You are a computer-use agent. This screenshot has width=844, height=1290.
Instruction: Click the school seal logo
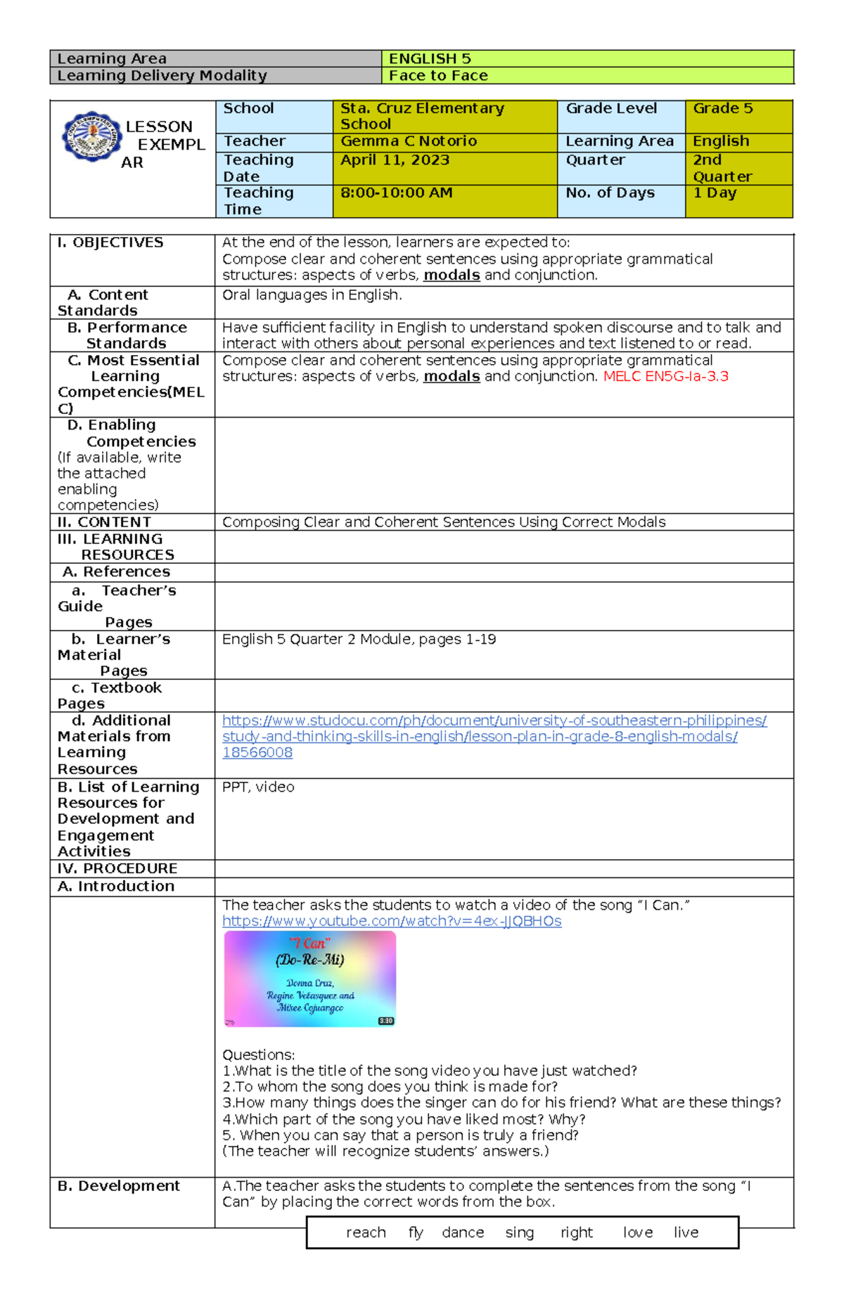click(x=91, y=137)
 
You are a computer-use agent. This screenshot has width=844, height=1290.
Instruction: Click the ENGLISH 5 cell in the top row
click(x=430, y=59)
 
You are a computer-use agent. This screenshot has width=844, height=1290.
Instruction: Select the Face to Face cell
click(x=438, y=76)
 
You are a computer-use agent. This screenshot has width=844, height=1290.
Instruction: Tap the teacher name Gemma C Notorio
click(x=409, y=141)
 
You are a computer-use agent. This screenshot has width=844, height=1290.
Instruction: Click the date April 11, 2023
click(x=395, y=160)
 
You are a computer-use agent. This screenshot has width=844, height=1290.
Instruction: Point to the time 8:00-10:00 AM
click(x=396, y=193)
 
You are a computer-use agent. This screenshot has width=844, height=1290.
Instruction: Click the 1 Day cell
click(x=715, y=193)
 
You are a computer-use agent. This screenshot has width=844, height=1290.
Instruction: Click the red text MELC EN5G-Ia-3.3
click(x=665, y=377)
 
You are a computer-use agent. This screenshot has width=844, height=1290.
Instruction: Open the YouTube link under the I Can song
click(x=392, y=922)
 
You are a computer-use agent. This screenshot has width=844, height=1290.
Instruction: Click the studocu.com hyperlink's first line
click(x=494, y=721)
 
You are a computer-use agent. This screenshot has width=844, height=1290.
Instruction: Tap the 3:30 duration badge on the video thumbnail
click(x=385, y=1021)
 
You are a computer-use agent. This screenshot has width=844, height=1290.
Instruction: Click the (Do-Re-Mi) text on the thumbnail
click(x=309, y=960)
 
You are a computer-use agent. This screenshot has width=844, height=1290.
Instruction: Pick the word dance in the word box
click(x=463, y=1232)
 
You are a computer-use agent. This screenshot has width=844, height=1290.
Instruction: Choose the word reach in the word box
click(x=366, y=1232)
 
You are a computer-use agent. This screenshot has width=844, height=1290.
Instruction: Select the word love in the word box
click(x=637, y=1232)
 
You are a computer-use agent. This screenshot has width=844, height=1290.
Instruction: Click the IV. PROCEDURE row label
click(x=117, y=869)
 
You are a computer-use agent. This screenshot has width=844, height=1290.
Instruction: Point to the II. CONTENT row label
click(x=104, y=522)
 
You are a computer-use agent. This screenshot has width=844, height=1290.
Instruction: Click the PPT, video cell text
click(x=258, y=787)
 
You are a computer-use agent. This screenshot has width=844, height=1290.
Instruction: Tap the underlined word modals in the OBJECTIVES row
click(x=452, y=276)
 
